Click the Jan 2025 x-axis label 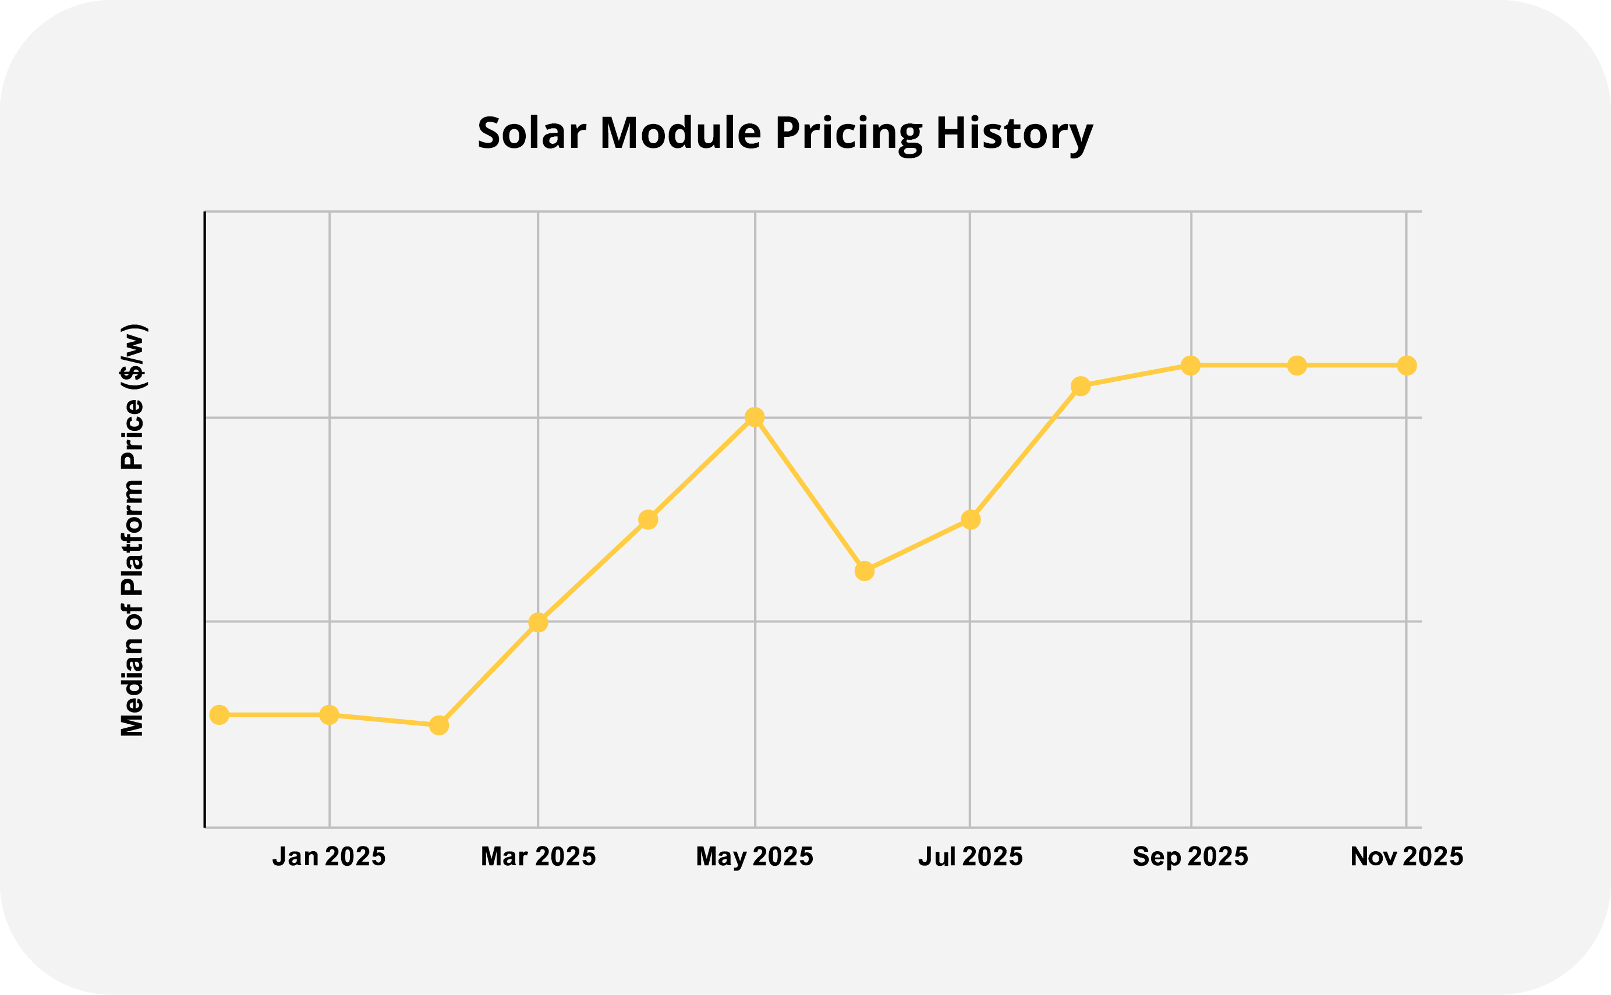[328, 856]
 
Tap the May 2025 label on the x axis [754, 856]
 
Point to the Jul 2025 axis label [970, 856]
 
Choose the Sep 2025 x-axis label [1190, 856]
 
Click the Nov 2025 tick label [1406, 856]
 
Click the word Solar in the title [531, 133]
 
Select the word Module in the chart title [681, 133]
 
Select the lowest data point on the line [439, 725]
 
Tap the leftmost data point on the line [219, 714]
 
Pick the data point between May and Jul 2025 [864, 571]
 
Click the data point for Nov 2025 [1406, 365]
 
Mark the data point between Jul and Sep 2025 [1080, 386]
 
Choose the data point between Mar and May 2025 [647, 519]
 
